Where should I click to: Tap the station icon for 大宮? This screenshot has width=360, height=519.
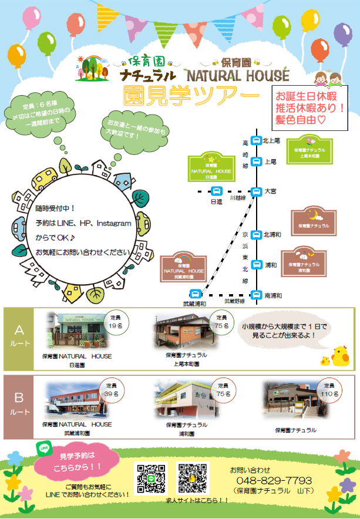[x=256, y=191]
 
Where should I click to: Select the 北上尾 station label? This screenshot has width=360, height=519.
[x=272, y=140]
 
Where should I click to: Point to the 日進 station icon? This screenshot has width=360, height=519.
[x=216, y=191]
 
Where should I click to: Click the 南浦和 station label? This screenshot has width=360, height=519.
[x=274, y=295]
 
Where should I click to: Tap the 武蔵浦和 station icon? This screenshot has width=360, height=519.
[x=196, y=294]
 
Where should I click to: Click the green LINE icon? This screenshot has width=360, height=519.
[x=43, y=449]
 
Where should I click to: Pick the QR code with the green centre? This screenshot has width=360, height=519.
[x=151, y=478]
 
